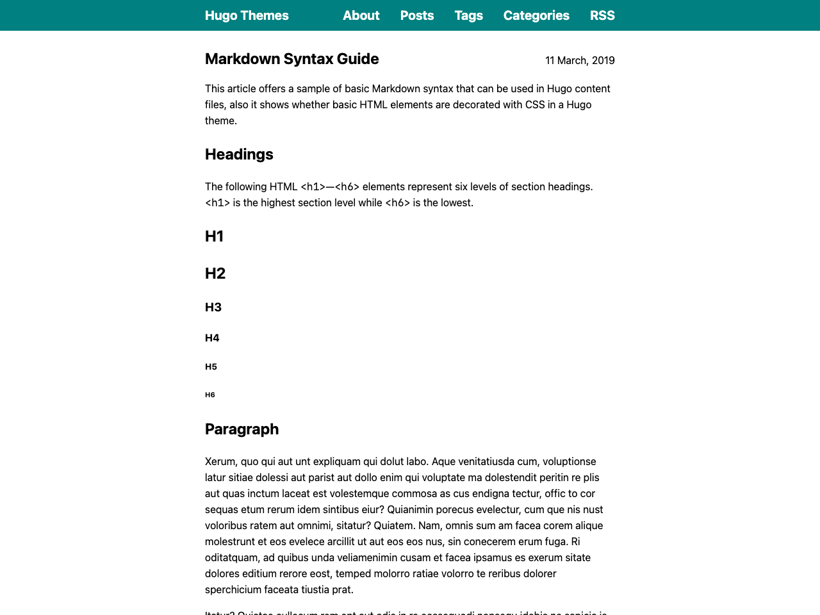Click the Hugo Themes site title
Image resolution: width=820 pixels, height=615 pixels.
click(247, 15)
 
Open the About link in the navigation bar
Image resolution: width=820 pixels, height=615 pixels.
click(361, 15)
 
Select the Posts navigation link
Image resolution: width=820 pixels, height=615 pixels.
click(417, 15)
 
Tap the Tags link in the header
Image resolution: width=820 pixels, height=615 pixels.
click(468, 15)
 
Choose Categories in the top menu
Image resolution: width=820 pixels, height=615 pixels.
click(536, 15)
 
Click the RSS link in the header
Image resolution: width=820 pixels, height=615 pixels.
click(602, 15)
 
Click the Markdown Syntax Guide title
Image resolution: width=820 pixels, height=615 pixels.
click(291, 59)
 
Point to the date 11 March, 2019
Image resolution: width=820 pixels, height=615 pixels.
click(580, 60)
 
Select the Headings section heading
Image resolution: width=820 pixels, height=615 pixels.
click(239, 154)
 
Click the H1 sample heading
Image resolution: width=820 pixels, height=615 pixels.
click(214, 236)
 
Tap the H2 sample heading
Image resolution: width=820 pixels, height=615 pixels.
click(215, 274)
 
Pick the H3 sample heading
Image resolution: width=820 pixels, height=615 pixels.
click(213, 307)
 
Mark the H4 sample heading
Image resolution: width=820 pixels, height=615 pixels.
click(212, 338)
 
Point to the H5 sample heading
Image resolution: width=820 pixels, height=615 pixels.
click(211, 367)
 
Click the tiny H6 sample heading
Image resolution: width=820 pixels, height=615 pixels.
click(210, 395)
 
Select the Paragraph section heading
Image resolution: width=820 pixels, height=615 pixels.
click(242, 429)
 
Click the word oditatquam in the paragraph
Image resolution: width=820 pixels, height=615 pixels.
click(231, 558)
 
